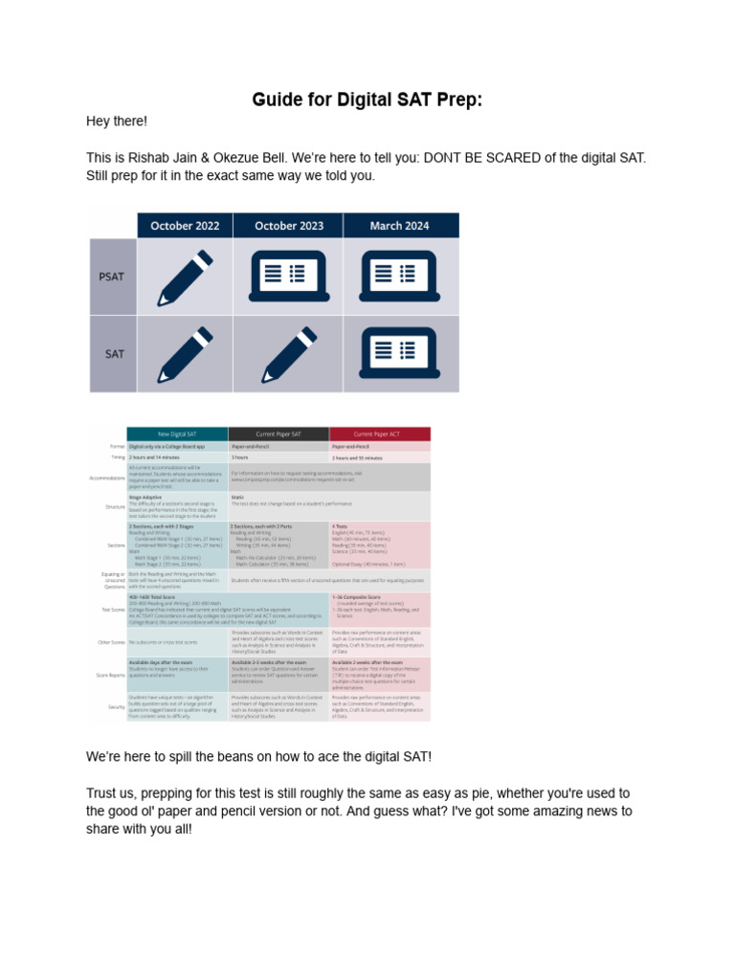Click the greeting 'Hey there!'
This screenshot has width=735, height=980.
(x=118, y=122)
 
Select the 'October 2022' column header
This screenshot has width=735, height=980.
(x=185, y=226)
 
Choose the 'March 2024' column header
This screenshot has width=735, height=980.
(x=399, y=226)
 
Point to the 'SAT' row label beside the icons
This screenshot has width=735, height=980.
(x=114, y=353)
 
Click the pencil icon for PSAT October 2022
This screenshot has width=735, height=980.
(x=185, y=277)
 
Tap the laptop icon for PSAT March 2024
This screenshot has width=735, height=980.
(x=399, y=277)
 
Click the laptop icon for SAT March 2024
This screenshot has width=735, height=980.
(x=399, y=353)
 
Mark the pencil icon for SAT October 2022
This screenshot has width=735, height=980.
(x=185, y=353)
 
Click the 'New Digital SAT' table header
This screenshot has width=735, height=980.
(x=178, y=434)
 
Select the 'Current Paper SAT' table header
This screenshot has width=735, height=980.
(x=278, y=434)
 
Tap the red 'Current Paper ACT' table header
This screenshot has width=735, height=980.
(x=380, y=434)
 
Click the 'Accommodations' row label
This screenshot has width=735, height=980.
(x=107, y=477)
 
